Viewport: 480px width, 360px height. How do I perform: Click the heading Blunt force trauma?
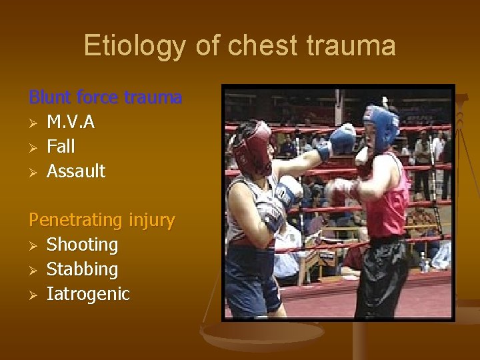point(105,97)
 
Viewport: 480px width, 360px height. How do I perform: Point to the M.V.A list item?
point(71,122)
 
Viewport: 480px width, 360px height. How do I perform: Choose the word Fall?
point(61,147)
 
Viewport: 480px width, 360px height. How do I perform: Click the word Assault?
point(76,171)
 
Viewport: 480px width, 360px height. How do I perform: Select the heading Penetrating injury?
point(101,220)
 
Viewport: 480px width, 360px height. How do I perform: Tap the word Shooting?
point(82,245)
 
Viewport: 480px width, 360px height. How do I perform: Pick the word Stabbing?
point(82,270)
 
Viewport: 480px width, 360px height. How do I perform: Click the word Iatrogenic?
point(88,294)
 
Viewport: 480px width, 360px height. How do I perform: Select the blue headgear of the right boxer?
point(381,124)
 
